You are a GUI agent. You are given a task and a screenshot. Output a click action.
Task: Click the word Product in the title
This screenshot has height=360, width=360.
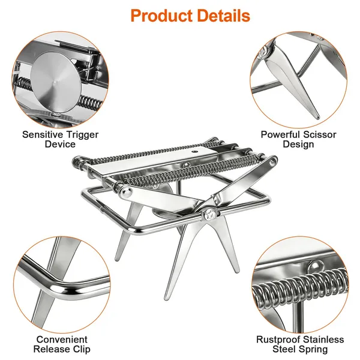pyautogui.click(x=161, y=16)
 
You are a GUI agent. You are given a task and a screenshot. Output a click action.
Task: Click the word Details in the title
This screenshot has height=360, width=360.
pyautogui.click(x=224, y=16)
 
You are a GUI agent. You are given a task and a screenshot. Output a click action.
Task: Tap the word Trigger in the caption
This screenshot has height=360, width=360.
pyautogui.click(x=82, y=135)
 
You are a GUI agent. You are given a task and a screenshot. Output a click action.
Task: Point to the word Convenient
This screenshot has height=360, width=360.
pyautogui.click(x=62, y=340)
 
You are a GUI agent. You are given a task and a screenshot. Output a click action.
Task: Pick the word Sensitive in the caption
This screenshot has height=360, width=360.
pyautogui.click(x=43, y=134)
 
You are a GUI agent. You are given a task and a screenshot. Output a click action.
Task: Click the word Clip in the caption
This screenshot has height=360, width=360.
pyautogui.click(x=82, y=349)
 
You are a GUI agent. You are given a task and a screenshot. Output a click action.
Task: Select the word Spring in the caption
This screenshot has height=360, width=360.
pyautogui.click(x=313, y=349)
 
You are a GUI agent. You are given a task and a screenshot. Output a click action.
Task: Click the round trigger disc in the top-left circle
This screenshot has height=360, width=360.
pyautogui.click(x=55, y=82)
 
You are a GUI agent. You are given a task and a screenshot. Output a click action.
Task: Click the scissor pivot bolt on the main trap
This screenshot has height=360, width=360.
pyautogui.click(x=210, y=215)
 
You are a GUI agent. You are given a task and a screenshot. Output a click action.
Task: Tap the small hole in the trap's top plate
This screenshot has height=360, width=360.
pyautogui.click(x=195, y=152)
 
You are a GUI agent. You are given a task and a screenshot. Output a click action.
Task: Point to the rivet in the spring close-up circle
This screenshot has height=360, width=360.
pyautogui.click(x=316, y=266)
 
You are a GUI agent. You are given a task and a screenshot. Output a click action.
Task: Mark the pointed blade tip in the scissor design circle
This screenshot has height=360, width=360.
pyautogui.click(x=318, y=118)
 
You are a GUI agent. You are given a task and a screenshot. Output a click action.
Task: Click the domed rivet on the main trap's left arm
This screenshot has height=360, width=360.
pyautogui.click(x=125, y=193)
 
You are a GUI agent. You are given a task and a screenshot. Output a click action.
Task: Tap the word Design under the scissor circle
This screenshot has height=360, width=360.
pyautogui.click(x=298, y=144)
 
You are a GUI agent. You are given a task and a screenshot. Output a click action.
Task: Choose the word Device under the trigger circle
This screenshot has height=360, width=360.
pyautogui.click(x=60, y=144)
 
